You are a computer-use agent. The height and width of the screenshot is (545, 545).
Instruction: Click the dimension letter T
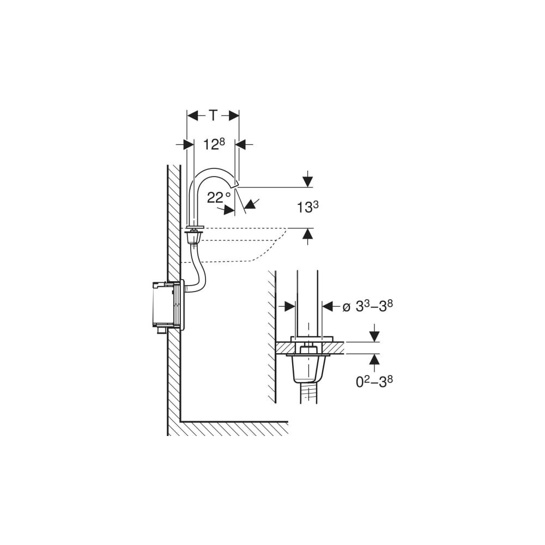click(x=213, y=115)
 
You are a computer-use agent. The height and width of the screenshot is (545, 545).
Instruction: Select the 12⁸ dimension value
click(x=214, y=144)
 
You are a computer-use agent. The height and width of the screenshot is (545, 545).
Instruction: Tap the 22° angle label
click(x=219, y=197)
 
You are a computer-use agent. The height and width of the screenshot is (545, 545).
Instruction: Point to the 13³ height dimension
click(x=307, y=207)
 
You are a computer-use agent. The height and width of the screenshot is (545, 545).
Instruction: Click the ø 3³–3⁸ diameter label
click(x=367, y=306)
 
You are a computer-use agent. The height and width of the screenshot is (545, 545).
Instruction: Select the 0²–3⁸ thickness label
click(x=374, y=381)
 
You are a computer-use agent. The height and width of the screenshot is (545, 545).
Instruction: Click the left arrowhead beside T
click(x=192, y=116)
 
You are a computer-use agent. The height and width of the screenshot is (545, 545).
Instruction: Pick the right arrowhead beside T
click(x=234, y=116)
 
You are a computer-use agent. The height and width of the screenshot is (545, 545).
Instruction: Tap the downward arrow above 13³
click(x=307, y=179)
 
